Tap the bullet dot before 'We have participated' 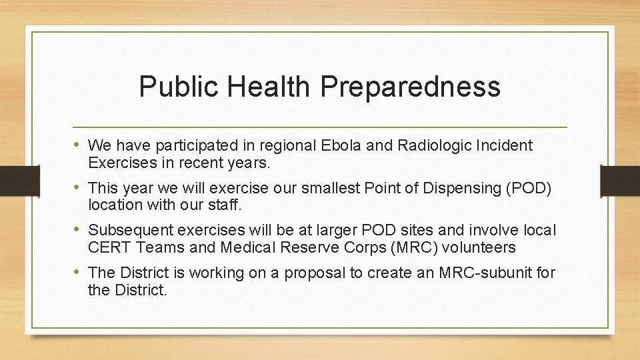(79, 145)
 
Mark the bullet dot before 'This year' (79, 187)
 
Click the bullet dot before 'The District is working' (79, 272)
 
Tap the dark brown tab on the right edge (620, 179)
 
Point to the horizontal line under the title (320, 127)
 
